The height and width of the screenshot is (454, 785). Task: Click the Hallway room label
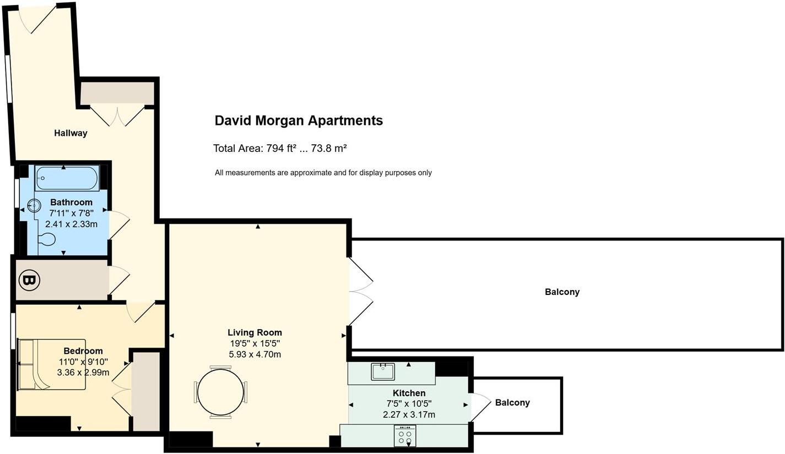(x=71, y=133)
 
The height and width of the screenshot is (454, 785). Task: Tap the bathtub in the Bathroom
(x=67, y=178)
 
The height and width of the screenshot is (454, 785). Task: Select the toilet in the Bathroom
(x=47, y=239)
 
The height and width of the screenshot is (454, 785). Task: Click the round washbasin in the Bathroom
(x=34, y=206)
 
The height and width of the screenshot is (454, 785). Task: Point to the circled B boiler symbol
(x=30, y=281)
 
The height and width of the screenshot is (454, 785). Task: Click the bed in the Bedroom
(x=52, y=364)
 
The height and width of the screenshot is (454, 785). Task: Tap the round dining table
(x=220, y=392)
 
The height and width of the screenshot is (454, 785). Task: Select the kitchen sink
(x=383, y=371)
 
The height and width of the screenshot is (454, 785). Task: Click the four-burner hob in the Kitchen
(x=405, y=436)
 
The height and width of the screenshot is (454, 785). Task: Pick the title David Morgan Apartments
(x=299, y=121)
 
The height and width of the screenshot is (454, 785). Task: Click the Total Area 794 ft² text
(x=279, y=148)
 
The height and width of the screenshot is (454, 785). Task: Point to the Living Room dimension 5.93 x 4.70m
(x=255, y=354)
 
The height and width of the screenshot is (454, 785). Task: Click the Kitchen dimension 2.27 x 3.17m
(x=409, y=414)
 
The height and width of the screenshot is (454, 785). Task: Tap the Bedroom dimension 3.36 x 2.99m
(x=83, y=373)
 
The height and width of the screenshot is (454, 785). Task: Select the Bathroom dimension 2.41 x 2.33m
(x=71, y=224)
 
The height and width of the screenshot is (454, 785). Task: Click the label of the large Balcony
(x=562, y=292)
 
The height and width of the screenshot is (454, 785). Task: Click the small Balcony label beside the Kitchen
(x=512, y=403)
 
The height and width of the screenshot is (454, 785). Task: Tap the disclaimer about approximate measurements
(x=323, y=173)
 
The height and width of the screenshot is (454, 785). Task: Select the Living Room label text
(x=255, y=332)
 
